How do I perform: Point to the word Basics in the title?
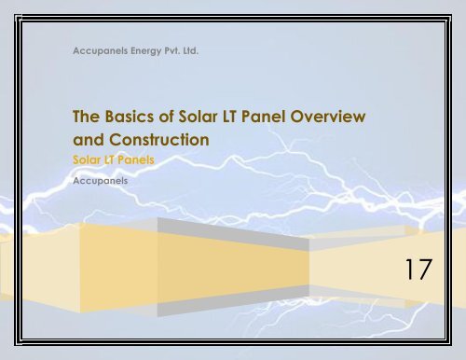pos(131,119)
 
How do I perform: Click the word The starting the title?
pos(88,119)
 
